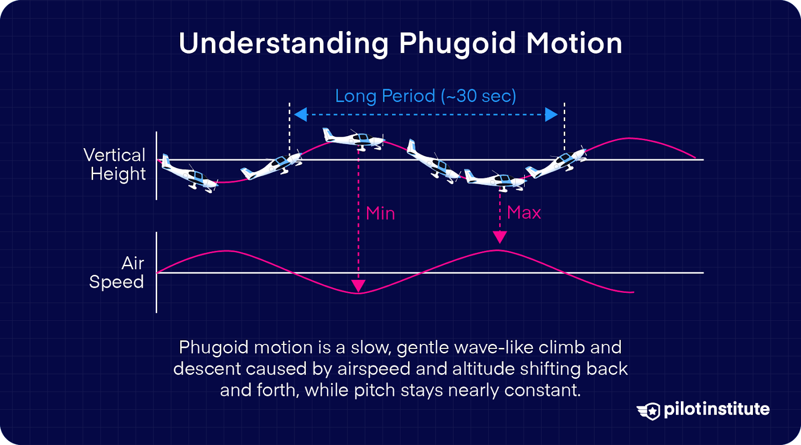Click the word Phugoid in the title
point(457,44)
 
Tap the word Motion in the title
point(574,44)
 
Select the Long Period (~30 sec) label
point(426,96)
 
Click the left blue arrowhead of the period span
point(300,115)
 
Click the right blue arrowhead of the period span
point(551,115)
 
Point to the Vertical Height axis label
point(116,164)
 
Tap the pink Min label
point(380,213)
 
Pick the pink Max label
point(524,213)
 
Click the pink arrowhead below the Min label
point(358,286)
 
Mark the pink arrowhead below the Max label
point(500,237)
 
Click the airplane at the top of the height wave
point(354,138)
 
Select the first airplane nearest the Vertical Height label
point(189,173)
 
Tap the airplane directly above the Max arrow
point(495,180)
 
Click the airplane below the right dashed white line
point(556,162)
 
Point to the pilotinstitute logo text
point(716,409)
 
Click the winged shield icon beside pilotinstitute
point(649,411)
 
